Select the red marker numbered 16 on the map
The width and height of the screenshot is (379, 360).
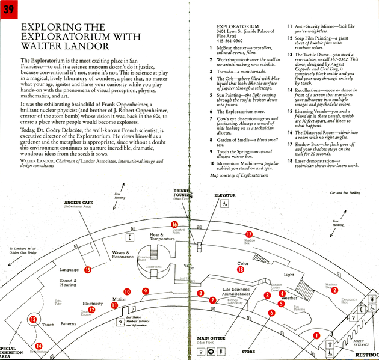[174, 225]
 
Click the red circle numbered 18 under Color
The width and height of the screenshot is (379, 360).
[241, 270]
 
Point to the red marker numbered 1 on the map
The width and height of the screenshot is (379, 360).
[316, 336]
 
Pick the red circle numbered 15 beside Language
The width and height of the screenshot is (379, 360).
[88, 270]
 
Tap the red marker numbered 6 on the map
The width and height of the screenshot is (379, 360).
[271, 313]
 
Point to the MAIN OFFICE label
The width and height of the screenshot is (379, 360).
[211, 338]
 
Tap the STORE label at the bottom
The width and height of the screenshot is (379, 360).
[248, 352]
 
